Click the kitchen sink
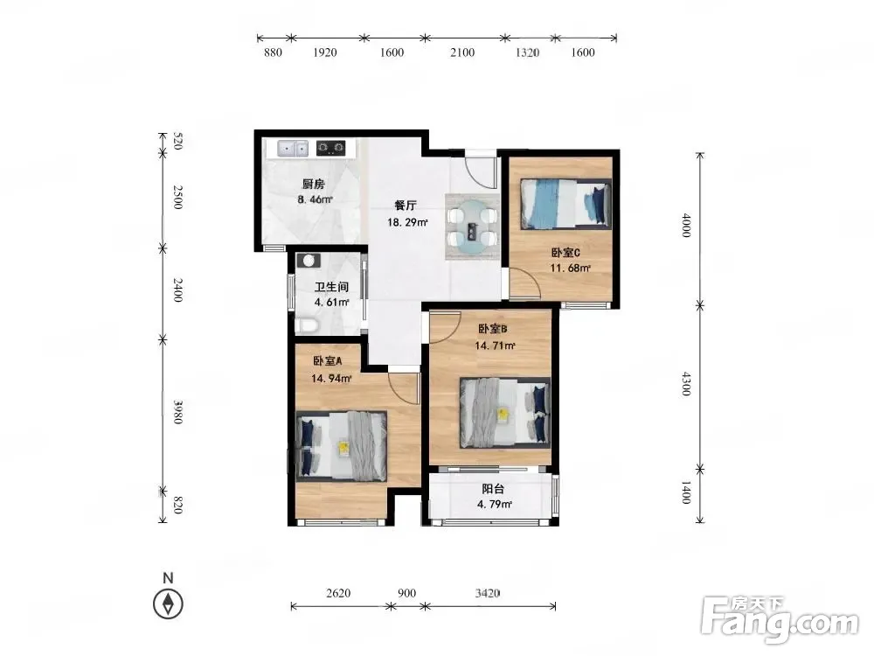[x=293, y=149]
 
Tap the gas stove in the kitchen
[x=330, y=149]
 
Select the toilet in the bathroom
[x=306, y=325]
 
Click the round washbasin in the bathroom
[x=309, y=260]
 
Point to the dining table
[x=472, y=227]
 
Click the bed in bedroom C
[x=565, y=204]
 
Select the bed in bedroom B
[x=505, y=414]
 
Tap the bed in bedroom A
[x=341, y=446]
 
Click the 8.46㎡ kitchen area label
[x=315, y=199]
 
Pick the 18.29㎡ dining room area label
[x=407, y=222]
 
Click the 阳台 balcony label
[x=493, y=489]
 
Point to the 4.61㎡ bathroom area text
[x=331, y=303]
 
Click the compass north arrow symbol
[x=168, y=604]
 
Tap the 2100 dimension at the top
[x=462, y=52]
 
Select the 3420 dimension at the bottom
[x=487, y=593]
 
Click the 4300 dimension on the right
[x=686, y=384]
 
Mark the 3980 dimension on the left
[x=177, y=412]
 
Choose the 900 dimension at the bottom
[x=407, y=593]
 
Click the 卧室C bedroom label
[x=565, y=253]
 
